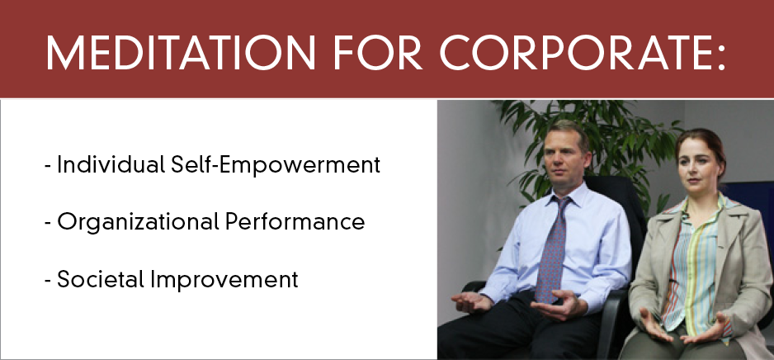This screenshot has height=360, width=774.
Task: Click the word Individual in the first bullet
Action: [111, 165]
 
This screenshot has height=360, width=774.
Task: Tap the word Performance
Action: [295, 222]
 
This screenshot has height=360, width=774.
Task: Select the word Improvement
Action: [224, 280]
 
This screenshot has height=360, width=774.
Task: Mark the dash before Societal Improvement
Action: [48, 281]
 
